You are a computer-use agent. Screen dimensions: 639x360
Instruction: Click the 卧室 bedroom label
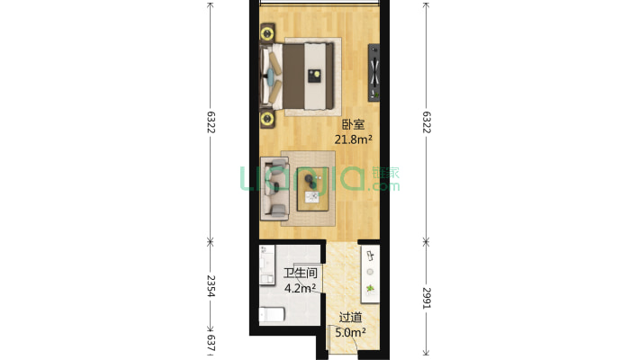[353, 124]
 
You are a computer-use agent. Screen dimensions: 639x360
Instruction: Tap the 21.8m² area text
[353, 139]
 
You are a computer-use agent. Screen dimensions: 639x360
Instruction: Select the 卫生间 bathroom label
[301, 273]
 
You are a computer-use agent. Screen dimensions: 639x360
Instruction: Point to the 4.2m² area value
[300, 288]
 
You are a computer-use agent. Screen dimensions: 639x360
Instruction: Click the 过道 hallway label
[350, 317]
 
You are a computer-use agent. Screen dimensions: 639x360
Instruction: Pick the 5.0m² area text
[350, 333]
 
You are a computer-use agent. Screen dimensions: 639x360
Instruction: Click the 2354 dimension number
[211, 286]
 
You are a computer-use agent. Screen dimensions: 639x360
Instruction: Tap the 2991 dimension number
[427, 298]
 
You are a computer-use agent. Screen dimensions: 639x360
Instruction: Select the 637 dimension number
[211, 343]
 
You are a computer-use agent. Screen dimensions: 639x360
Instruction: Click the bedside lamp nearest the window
[267, 32]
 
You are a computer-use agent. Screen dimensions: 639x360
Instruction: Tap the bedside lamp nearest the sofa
[267, 119]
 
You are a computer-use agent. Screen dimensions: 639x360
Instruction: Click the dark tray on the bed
[314, 76]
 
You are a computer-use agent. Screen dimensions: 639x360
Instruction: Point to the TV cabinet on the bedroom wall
[374, 73]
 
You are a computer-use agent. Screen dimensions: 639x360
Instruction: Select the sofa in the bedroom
[274, 188]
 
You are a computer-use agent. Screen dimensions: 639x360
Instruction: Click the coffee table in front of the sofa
[312, 189]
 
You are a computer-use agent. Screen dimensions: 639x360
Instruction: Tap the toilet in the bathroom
[272, 314]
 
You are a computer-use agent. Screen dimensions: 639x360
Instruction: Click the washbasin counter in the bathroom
[267, 265]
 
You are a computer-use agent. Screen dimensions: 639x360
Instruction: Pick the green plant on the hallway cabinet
[370, 289]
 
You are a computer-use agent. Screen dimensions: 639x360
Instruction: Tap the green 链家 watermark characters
[385, 173]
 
